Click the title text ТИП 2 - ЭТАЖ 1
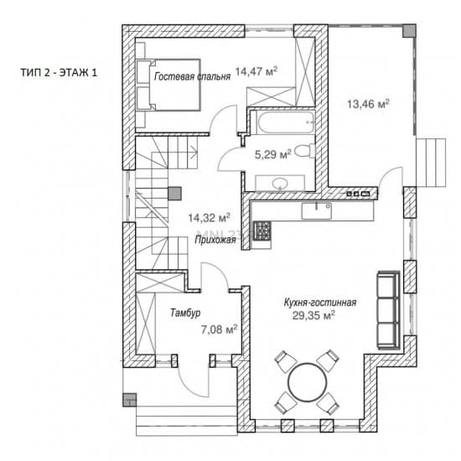(x=59, y=72)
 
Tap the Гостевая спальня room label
(x=192, y=76)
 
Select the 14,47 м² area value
(x=256, y=71)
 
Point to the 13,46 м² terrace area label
(x=369, y=104)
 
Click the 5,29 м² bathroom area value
(x=273, y=154)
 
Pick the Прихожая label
(x=215, y=240)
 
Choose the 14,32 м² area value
(x=209, y=218)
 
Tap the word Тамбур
(x=185, y=313)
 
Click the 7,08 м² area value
(x=219, y=329)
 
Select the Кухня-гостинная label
(x=320, y=303)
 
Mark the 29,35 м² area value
(x=313, y=315)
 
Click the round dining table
(x=307, y=382)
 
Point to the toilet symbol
(x=304, y=151)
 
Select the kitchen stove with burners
(x=262, y=230)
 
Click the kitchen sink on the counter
(x=317, y=210)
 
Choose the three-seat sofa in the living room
(x=388, y=309)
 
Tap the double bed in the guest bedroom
(x=168, y=85)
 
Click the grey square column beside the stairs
(x=174, y=194)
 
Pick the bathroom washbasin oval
(x=280, y=184)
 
